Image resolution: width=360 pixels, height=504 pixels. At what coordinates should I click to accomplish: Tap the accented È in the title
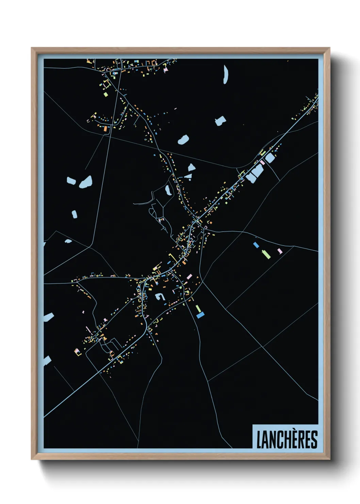click(x=291, y=439)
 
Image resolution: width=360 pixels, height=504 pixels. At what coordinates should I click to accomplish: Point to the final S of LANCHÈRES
click(x=314, y=440)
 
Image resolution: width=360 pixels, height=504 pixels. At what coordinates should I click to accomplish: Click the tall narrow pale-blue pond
click(x=225, y=75)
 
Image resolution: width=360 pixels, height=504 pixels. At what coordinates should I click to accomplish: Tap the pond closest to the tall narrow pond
click(x=220, y=121)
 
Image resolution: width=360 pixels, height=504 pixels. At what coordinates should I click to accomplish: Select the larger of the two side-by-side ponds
click(x=86, y=182)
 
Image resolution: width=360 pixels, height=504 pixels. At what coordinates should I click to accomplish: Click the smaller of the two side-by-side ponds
click(x=71, y=180)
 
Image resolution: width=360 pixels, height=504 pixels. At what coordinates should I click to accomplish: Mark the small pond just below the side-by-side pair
click(x=74, y=214)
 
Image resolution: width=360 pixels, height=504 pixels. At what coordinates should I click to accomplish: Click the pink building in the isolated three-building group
click(x=280, y=251)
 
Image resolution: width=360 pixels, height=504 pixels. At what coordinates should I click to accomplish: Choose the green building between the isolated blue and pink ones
click(x=266, y=254)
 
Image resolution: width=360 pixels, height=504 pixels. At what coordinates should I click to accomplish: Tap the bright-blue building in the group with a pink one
click(x=256, y=245)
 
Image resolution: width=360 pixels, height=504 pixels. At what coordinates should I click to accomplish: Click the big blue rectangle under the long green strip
click(x=200, y=315)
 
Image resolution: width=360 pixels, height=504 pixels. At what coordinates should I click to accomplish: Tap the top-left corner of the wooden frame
click(x=32, y=48)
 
